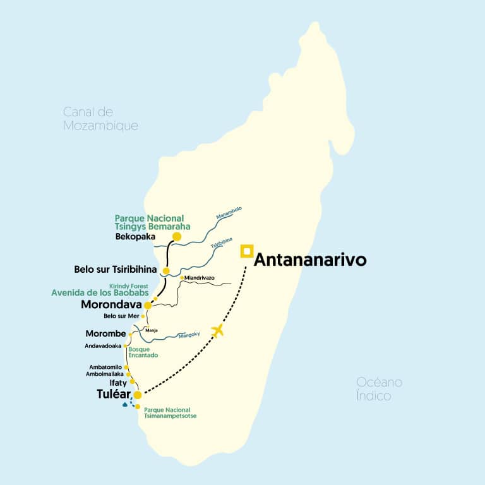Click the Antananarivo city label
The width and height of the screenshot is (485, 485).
[x=310, y=260]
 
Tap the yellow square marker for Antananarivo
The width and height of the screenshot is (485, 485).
[x=246, y=251]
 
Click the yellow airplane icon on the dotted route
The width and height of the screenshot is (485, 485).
[x=219, y=330]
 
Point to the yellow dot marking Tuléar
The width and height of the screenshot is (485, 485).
[x=137, y=395]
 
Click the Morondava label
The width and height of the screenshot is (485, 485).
[x=111, y=305]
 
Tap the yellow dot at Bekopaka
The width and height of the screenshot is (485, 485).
[x=177, y=237]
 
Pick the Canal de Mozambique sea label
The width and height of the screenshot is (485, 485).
[x=100, y=119]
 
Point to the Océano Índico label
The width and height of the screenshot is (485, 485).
[x=379, y=389]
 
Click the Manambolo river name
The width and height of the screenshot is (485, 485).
[x=229, y=215]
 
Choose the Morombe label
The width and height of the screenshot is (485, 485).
[x=106, y=333]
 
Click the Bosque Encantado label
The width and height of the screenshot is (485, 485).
[x=143, y=352]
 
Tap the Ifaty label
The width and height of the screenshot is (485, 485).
[x=117, y=382]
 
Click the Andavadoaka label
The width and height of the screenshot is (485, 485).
[x=103, y=346]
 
